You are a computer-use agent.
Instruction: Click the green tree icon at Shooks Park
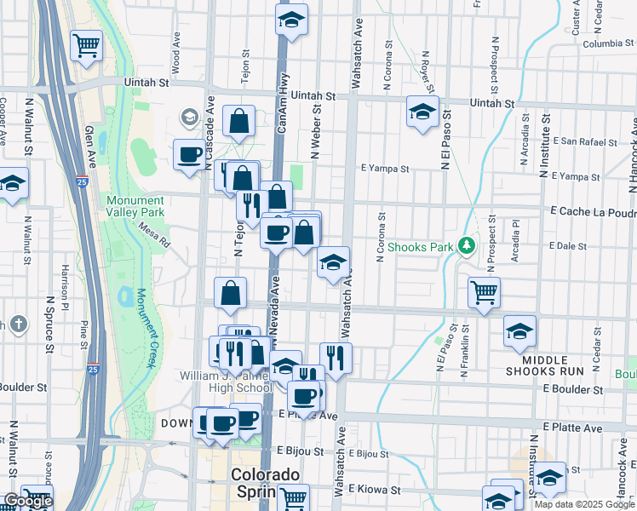pos(466,247)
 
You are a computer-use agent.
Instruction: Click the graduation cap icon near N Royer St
pos(422,112)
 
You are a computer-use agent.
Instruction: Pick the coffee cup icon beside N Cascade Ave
pos(189,155)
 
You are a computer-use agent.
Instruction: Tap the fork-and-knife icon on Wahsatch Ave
pos(336,358)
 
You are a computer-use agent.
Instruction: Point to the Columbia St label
pos(604,43)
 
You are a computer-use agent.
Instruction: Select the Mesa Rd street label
pos(154,235)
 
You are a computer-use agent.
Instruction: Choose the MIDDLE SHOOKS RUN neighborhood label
pos(544,365)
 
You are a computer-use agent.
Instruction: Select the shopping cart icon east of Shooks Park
pos(484,293)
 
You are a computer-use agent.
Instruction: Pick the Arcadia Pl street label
pos(515,242)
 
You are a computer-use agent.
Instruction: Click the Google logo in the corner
pos(27,501)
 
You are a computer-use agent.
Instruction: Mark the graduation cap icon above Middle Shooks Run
pos(519,331)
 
